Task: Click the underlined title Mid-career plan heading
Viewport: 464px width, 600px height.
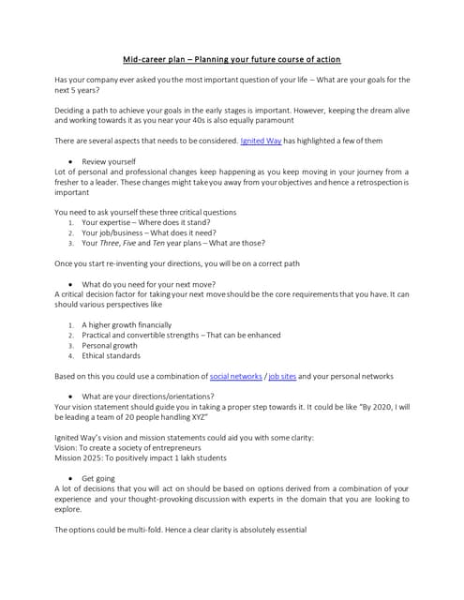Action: click(x=232, y=59)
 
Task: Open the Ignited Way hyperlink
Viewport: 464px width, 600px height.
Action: click(x=262, y=140)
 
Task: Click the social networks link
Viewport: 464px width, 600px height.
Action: click(x=236, y=376)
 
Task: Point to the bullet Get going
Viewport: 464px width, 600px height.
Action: click(x=99, y=477)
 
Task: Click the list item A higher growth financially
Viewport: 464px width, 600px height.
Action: click(x=127, y=324)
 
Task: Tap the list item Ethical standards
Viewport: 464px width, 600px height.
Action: click(x=111, y=355)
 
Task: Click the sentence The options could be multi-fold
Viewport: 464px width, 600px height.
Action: click(x=180, y=530)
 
